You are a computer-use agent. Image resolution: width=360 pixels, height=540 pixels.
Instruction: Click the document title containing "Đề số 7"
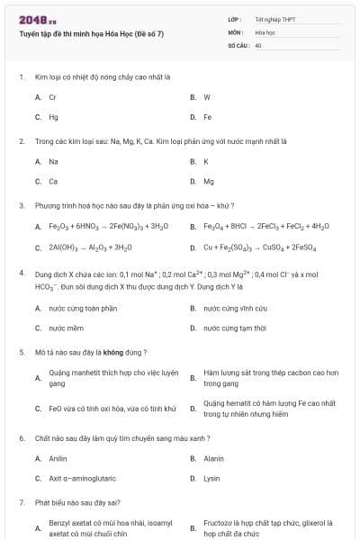point(91,34)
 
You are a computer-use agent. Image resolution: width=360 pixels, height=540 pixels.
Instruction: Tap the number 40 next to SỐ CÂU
point(258,44)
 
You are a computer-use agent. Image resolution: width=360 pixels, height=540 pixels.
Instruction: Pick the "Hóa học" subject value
point(265,31)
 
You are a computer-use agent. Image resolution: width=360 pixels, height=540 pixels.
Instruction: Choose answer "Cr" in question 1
point(53,97)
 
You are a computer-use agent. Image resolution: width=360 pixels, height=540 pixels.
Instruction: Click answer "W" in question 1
point(207,97)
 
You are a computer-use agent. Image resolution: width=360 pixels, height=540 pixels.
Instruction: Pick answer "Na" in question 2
point(53,162)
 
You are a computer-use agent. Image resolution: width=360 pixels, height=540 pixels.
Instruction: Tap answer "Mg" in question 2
point(209,182)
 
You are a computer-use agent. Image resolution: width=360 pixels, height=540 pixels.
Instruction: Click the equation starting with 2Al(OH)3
point(90,247)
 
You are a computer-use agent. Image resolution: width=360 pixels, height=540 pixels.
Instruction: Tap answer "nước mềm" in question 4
point(67,328)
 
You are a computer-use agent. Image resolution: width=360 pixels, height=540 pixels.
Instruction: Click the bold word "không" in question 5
point(113,352)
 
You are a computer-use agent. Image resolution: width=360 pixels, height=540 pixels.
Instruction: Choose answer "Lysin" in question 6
point(211,479)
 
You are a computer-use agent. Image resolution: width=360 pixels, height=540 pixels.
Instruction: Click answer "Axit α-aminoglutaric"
point(82,479)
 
